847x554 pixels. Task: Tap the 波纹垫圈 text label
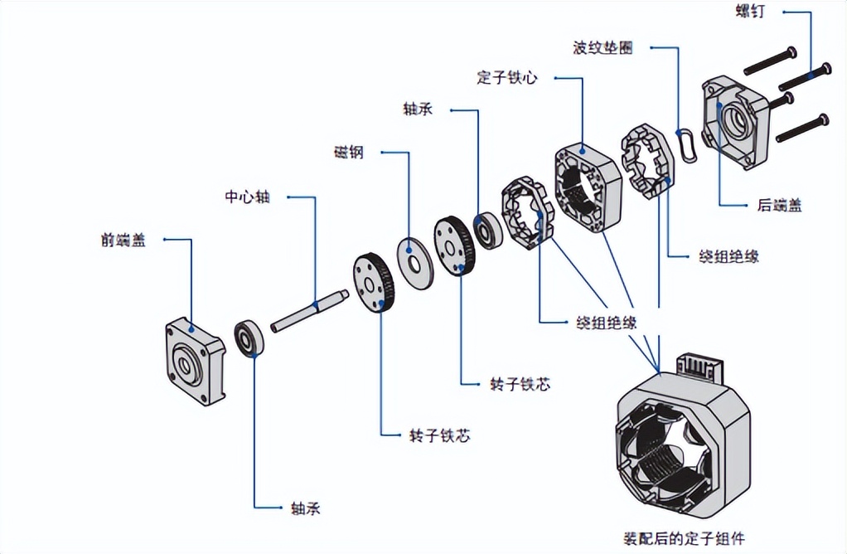tap(603, 47)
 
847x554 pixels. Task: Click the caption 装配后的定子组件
tap(683, 538)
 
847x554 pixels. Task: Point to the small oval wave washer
tap(685, 144)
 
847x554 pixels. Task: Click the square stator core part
tap(588, 186)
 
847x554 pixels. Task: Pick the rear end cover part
tap(734, 122)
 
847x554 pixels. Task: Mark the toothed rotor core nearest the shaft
tap(375, 282)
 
